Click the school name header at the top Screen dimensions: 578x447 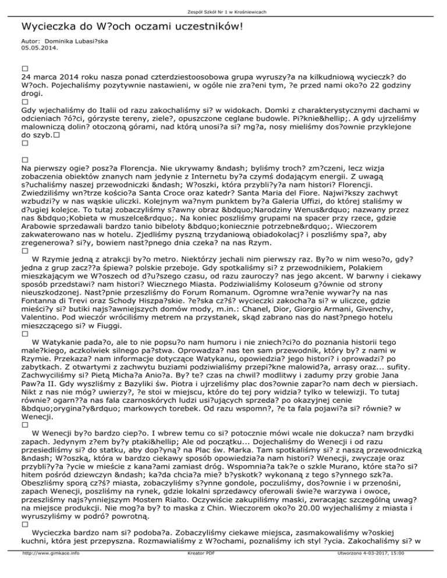(x=223, y=11)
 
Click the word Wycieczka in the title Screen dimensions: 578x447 (x=50, y=27)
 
